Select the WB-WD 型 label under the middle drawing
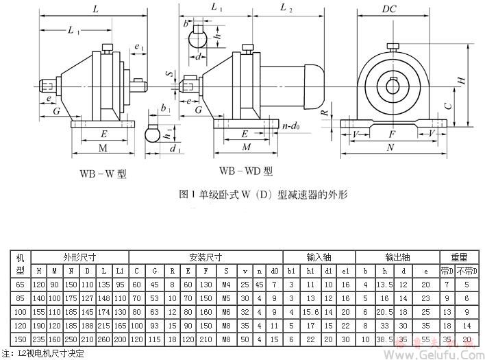245,171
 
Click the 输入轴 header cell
319,257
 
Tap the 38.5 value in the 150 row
383,339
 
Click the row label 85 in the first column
20,298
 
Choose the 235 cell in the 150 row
39,339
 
